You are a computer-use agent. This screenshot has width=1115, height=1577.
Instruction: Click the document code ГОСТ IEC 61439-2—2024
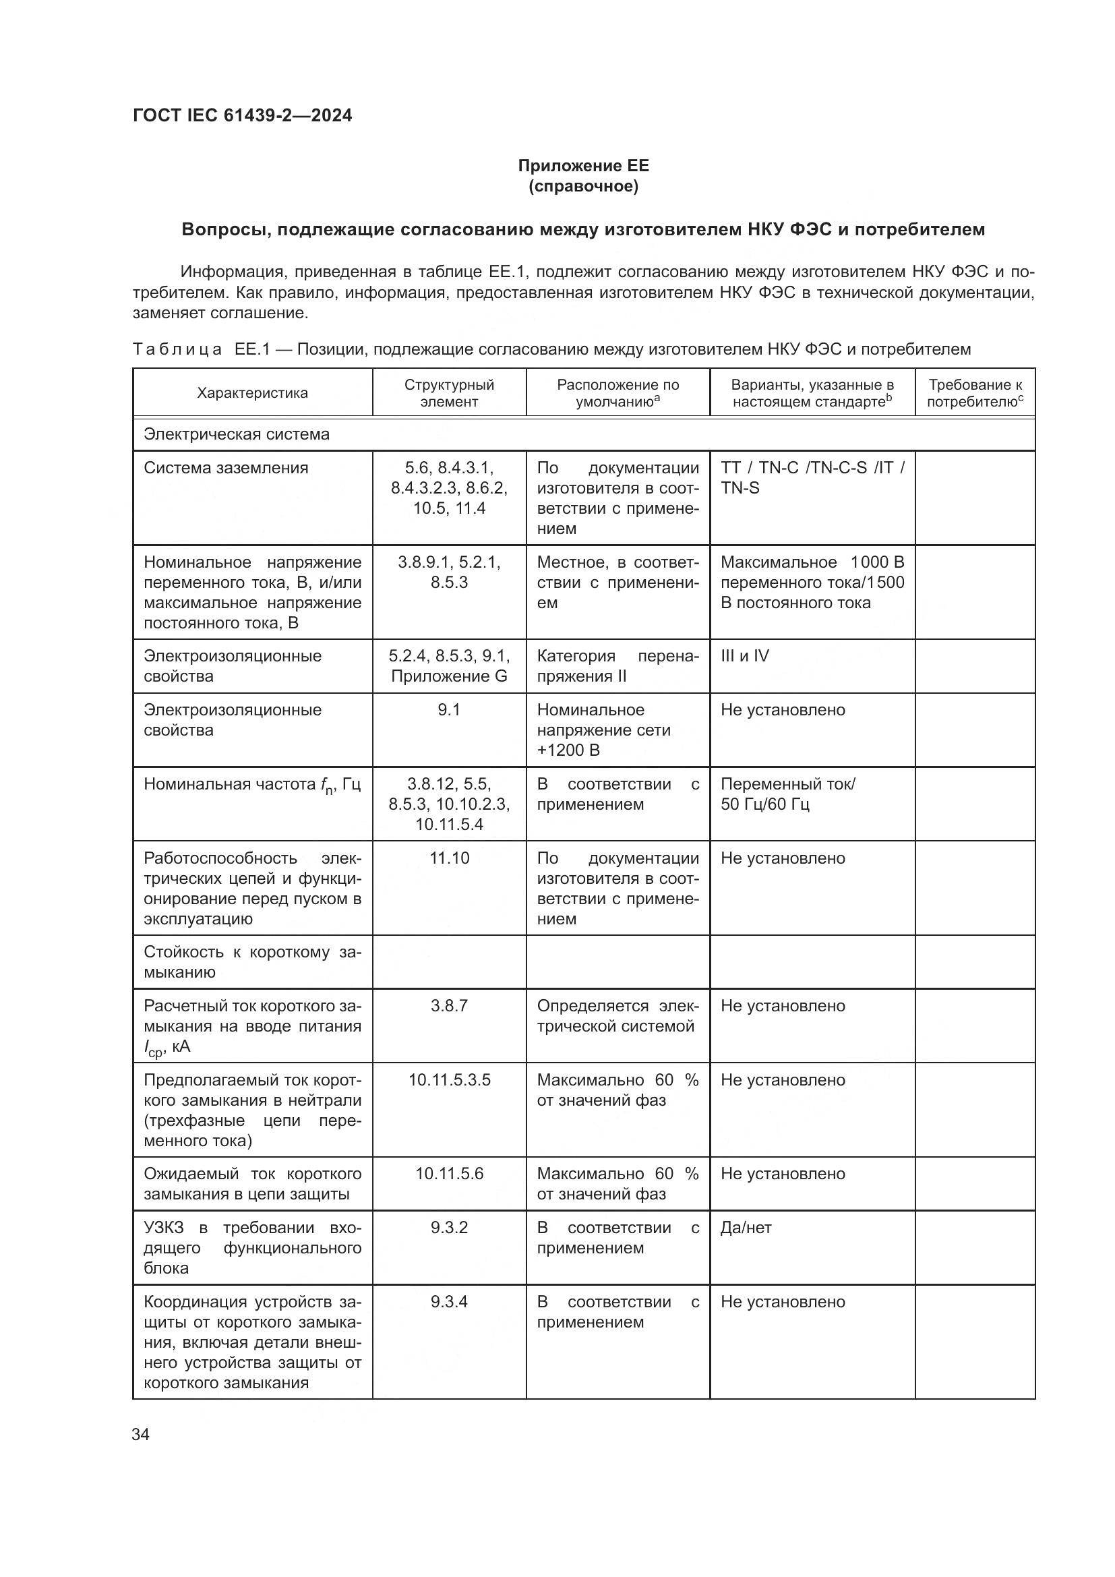[x=242, y=115]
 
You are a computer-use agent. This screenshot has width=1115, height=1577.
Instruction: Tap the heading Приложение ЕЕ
[x=583, y=166]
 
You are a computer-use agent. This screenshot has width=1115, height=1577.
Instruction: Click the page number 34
[x=140, y=1435]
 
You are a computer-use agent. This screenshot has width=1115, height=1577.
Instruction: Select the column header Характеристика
[x=252, y=393]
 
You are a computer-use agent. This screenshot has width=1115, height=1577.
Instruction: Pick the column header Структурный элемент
[x=449, y=393]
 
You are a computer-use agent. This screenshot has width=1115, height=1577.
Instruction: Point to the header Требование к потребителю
[x=974, y=393]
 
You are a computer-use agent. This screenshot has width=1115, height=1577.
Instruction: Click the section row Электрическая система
[x=236, y=434]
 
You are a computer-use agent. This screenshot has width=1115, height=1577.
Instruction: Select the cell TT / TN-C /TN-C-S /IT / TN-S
[x=812, y=478]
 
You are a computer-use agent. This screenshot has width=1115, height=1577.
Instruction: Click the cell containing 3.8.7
[x=449, y=1006]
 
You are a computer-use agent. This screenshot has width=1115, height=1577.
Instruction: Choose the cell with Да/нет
[x=746, y=1227]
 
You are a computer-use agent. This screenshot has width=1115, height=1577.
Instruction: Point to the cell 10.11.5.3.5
[x=449, y=1080]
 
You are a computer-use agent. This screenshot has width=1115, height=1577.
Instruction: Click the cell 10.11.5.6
[x=449, y=1174]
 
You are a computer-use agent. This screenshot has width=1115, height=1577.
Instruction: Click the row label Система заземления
[x=226, y=468]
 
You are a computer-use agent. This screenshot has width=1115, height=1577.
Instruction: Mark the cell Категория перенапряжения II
[x=617, y=666]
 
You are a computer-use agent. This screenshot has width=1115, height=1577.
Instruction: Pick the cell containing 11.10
[x=449, y=858]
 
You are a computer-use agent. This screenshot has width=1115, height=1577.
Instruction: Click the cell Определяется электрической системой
[x=617, y=1016]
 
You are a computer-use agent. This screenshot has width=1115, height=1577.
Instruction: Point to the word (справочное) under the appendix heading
[x=583, y=186]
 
